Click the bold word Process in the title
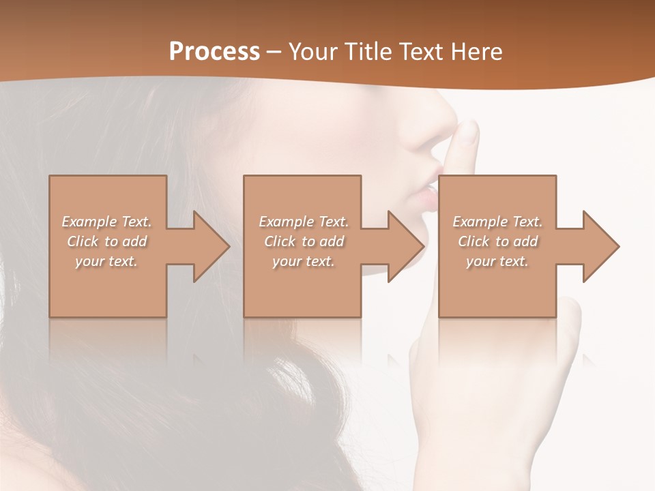pyautogui.click(x=214, y=52)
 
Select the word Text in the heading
pyautogui.click(x=420, y=52)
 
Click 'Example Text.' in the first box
pyautogui.click(x=107, y=222)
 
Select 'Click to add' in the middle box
pyautogui.click(x=304, y=241)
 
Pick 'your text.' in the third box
pyautogui.click(x=497, y=261)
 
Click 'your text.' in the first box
pyautogui.click(x=107, y=261)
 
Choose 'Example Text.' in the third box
pyautogui.click(x=497, y=222)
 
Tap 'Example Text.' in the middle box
pyautogui.click(x=304, y=222)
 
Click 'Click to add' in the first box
pyautogui.click(x=107, y=241)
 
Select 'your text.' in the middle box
pyautogui.click(x=304, y=261)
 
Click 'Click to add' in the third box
pyautogui.click(x=497, y=241)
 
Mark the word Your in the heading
pyautogui.click(x=313, y=52)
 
